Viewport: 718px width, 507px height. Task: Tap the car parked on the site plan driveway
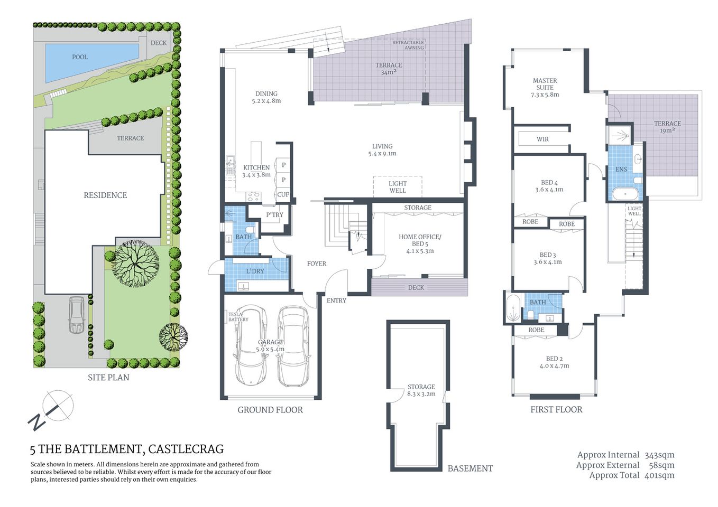[x=77, y=315]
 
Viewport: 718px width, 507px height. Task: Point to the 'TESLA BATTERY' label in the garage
[x=238, y=317]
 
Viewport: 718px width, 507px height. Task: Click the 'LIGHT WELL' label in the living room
[x=398, y=187]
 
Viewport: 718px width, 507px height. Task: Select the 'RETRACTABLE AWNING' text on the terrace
[x=408, y=45]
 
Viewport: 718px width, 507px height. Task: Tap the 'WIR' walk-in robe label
[x=542, y=139]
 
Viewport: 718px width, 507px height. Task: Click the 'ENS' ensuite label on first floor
[x=621, y=170]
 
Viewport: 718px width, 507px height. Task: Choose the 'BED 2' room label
[x=554, y=362]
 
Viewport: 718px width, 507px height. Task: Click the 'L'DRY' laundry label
[x=255, y=271]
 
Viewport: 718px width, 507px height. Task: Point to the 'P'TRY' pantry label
[x=274, y=215]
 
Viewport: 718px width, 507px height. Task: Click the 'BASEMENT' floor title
[x=470, y=468]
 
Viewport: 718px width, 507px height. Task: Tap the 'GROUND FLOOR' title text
[x=270, y=410]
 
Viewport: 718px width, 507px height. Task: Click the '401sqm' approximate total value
[x=659, y=475]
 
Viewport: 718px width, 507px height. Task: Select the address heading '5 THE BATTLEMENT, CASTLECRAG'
[x=127, y=449]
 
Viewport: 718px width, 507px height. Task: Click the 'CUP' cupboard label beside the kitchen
[x=283, y=194]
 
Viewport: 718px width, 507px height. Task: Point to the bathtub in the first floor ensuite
[x=625, y=194]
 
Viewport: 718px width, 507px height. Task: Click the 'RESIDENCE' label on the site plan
[x=105, y=195]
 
